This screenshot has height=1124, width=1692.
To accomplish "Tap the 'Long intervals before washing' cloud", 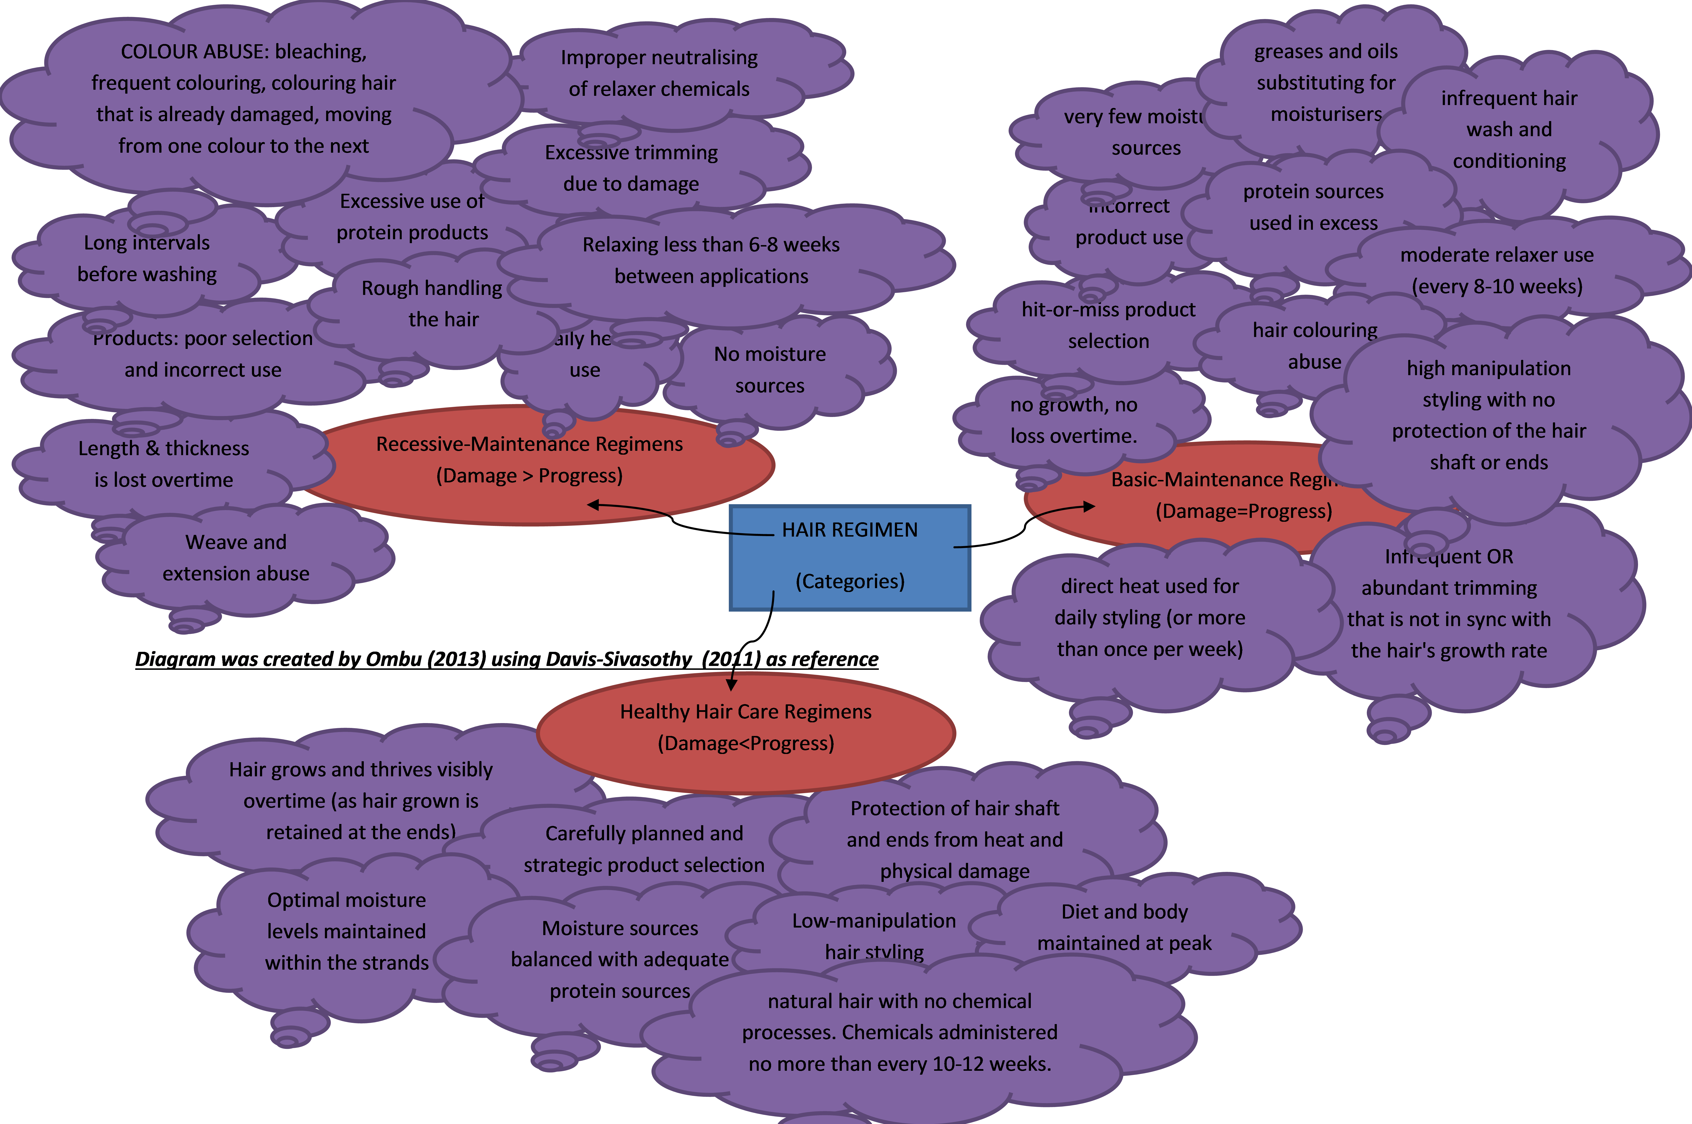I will tap(147, 258).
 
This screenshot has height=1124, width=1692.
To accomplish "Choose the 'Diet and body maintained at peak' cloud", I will tap(1124, 927).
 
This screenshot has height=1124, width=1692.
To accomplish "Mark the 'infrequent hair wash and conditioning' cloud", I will tap(1509, 129).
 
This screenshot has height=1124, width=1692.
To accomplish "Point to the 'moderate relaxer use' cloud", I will tap(1497, 270).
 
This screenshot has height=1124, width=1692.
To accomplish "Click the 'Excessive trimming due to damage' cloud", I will tap(631, 168).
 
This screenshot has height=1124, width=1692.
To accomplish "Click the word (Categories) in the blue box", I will tap(850, 581).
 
